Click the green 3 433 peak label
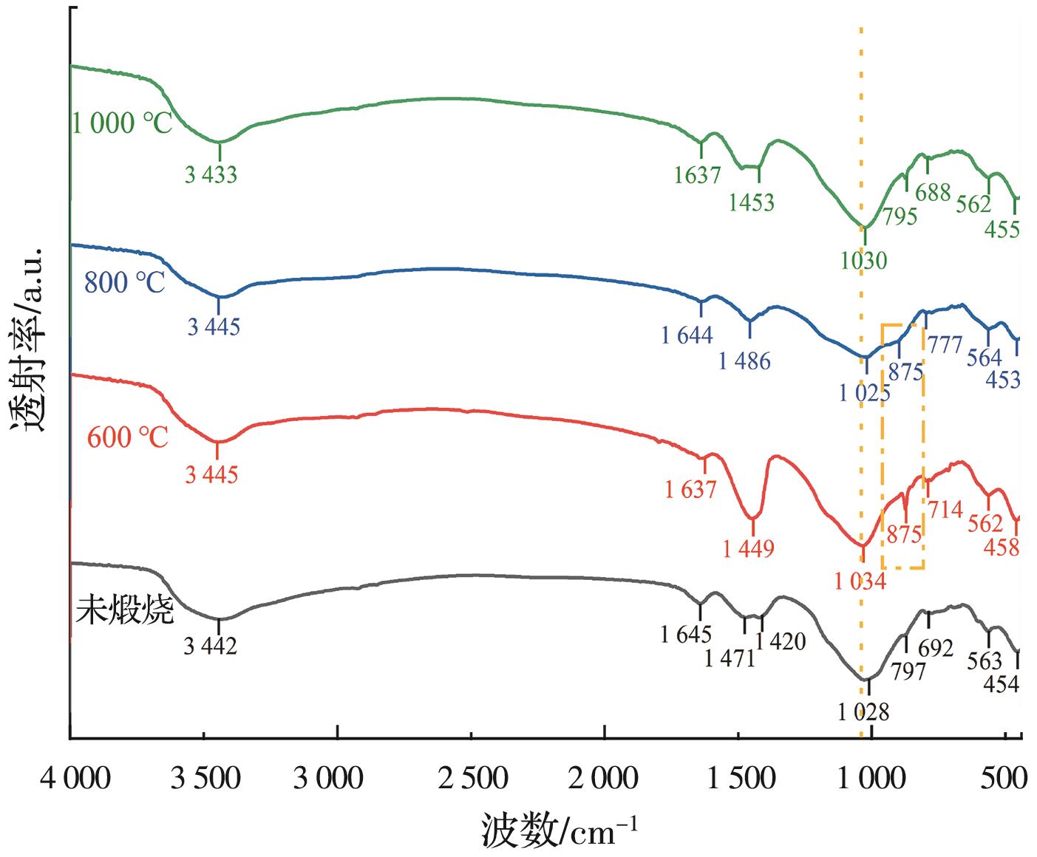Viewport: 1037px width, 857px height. (211, 175)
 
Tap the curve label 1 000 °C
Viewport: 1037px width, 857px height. (122, 123)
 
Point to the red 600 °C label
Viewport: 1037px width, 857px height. (128, 437)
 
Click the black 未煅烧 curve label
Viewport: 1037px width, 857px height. (124, 612)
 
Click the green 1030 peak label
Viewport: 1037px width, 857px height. (863, 260)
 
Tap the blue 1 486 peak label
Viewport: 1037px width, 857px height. (744, 361)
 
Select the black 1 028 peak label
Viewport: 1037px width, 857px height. (863, 712)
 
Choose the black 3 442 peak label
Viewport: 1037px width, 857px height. (211, 646)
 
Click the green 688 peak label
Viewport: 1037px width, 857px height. (933, 194)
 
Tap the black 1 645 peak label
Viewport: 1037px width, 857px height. (687, 634)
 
